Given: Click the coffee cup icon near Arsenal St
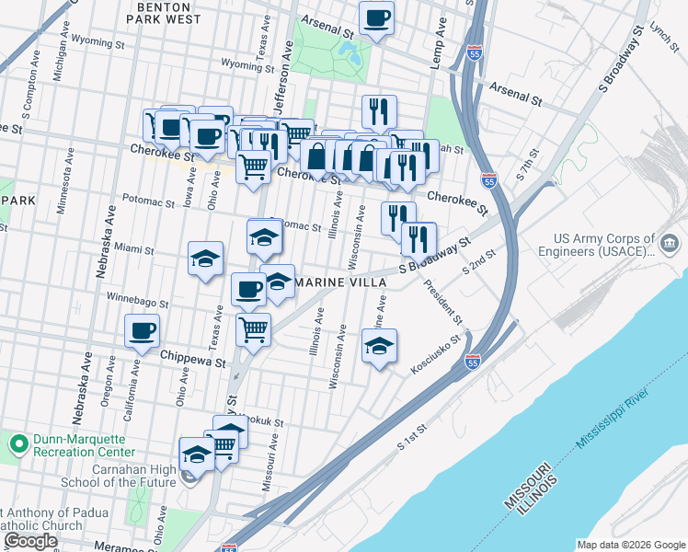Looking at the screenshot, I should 376,18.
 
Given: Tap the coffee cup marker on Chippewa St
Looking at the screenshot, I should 142,331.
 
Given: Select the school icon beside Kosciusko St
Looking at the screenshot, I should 379,347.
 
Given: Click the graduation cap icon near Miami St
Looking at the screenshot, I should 206,259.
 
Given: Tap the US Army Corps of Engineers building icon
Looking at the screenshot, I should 670,245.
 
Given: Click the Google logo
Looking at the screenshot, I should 30,541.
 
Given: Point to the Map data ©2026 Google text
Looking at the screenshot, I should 631,544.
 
